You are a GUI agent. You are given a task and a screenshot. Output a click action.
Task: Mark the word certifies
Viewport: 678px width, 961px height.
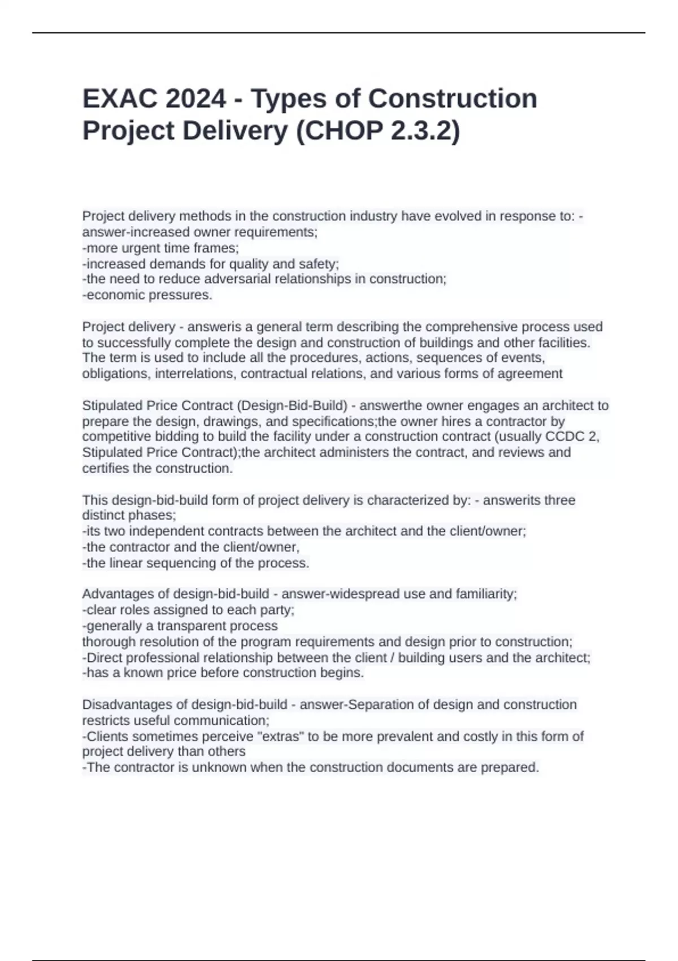tap(106, 469)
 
